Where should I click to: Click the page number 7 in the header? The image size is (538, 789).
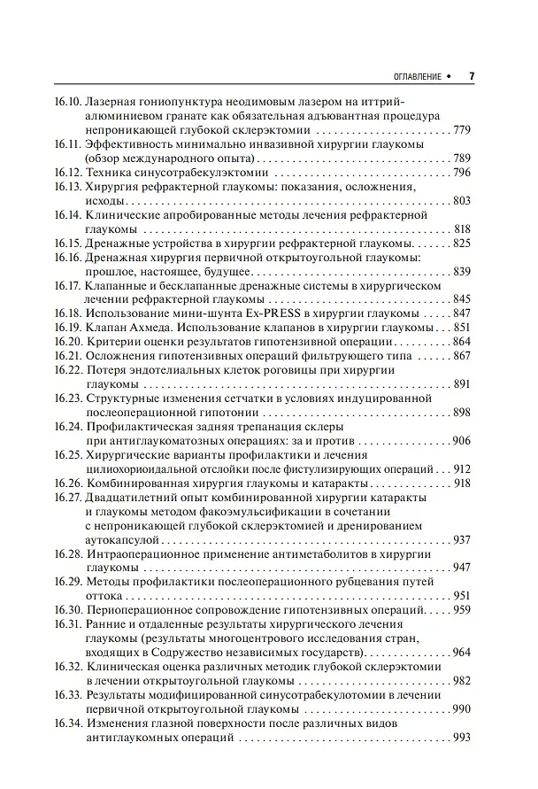[472, 76]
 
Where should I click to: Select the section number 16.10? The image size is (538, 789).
[67, 103]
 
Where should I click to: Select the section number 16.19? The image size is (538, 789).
[67, 328]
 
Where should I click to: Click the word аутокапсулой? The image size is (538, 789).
[123, 539]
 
